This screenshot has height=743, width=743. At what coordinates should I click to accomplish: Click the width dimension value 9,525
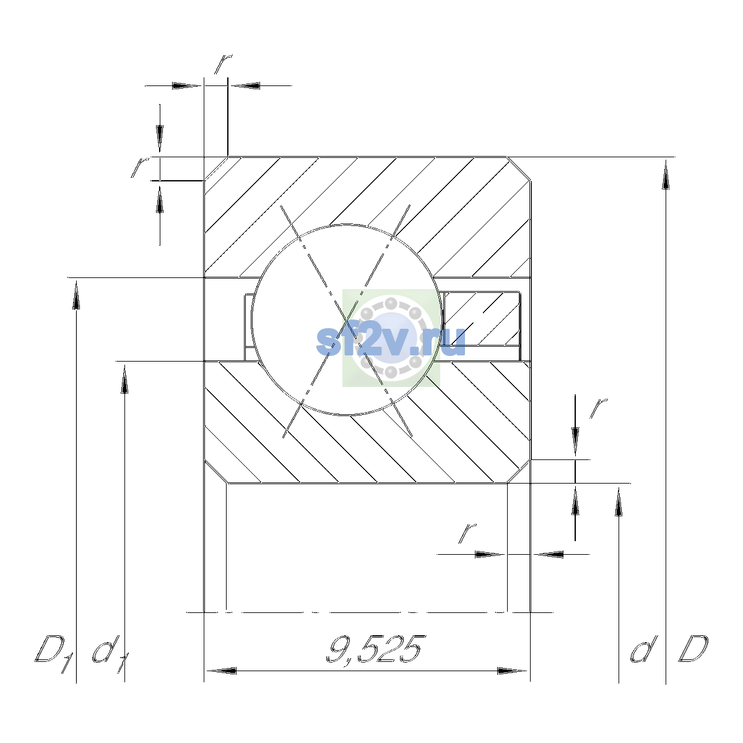[x=376, y=650]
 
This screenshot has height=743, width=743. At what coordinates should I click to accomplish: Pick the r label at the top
[x=224, y=64]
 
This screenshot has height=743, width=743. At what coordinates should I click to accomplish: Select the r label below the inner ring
[x=467, y=533]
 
